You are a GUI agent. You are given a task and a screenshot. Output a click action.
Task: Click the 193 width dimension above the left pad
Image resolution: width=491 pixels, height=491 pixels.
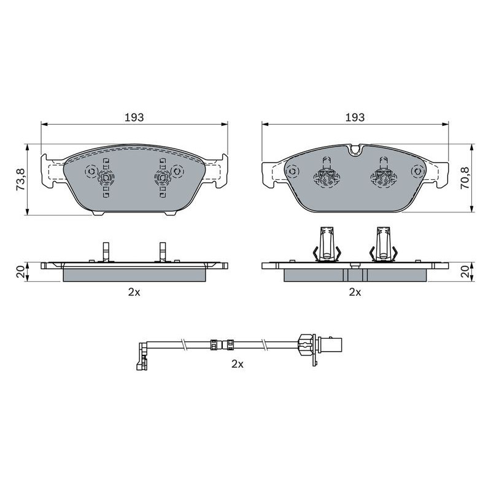[x=134, y=117]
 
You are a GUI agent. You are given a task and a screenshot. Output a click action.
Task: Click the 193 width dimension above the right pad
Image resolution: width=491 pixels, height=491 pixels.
[x=355, y=117]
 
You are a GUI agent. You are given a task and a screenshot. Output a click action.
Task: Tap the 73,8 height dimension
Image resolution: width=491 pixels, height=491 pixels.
[x=21, y=179]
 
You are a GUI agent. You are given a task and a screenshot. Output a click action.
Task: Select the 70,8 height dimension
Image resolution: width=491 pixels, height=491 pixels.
[x=465, y=177]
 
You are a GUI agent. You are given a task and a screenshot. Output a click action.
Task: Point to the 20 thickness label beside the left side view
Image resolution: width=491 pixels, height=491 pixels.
[x=21, y=271]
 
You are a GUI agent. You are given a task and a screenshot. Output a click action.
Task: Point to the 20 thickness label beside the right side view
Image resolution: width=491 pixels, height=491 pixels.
[x=465, y=271]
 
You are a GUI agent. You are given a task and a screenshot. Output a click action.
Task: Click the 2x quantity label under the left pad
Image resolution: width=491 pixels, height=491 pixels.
[x=134, y=292]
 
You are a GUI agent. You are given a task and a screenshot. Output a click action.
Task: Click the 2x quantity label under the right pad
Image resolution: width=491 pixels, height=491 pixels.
[x=355, y=292]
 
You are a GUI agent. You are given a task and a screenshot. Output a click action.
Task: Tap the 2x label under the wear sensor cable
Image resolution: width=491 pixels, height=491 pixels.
[x=238, y=364]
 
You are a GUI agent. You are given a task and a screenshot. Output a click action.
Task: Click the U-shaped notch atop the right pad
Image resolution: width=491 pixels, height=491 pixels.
[x=355, y=150]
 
